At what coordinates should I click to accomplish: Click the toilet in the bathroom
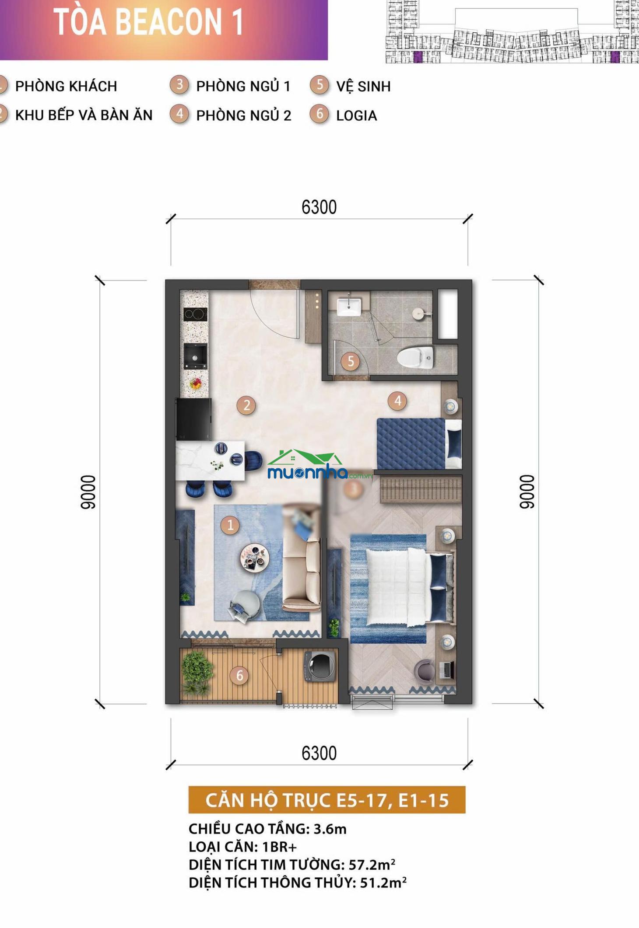coord(415,357)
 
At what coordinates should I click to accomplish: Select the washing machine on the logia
coord(319,666)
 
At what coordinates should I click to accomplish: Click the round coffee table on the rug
coord(254,558)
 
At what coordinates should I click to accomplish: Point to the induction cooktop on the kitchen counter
coord(195,314)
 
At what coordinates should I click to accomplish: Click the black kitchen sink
coord(195,356)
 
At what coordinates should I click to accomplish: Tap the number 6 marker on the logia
coord(239,676)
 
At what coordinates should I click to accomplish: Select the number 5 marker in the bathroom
coord(351,362)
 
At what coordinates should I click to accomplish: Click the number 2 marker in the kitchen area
coord(246,405)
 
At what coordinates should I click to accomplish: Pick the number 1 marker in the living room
coord(230,525)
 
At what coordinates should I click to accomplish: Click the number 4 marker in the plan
coord(397,401)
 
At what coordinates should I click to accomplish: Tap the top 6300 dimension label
coord(319,207)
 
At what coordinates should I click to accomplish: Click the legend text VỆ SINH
coord(363,86)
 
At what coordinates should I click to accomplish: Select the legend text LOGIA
coord(356,115)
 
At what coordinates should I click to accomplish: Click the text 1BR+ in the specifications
coord(279,847)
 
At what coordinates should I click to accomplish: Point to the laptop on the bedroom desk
coord(447,670)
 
